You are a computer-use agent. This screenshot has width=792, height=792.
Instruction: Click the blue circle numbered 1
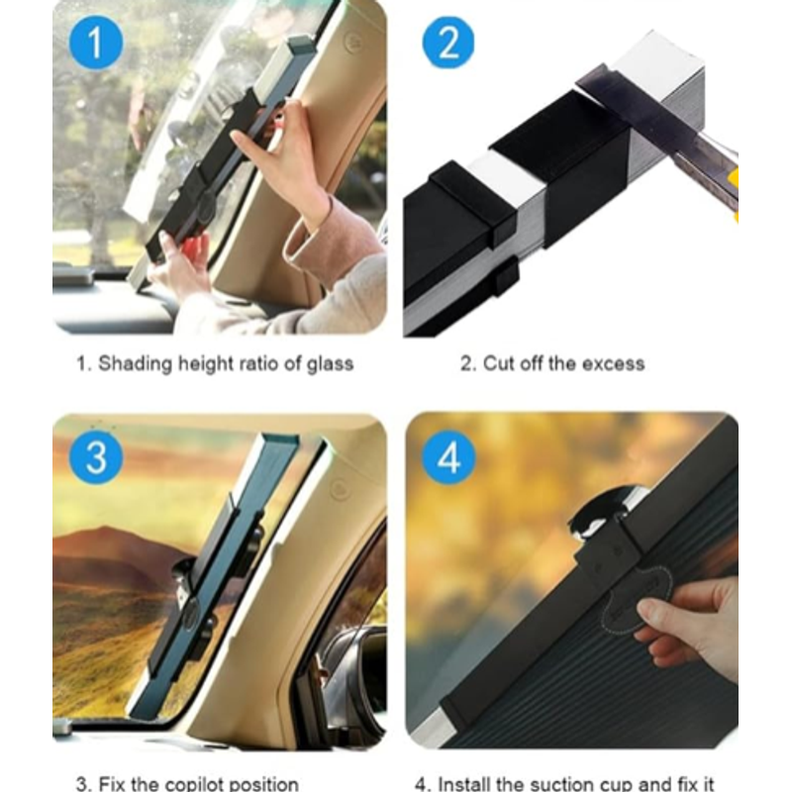pos(96,43)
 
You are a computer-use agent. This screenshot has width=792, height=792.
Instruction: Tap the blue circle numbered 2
pos(448,43)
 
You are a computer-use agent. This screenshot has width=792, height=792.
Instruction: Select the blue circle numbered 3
pos(96,457)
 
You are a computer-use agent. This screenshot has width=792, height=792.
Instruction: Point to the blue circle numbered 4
pos(448,457)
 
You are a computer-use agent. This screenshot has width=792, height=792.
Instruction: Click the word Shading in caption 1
pos(136,364)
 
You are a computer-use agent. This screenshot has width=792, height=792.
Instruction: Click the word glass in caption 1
pos(331,364)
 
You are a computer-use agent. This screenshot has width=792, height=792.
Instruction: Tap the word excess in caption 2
pos(613,363)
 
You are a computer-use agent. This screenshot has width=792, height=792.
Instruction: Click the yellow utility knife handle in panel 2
pos(734,194)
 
